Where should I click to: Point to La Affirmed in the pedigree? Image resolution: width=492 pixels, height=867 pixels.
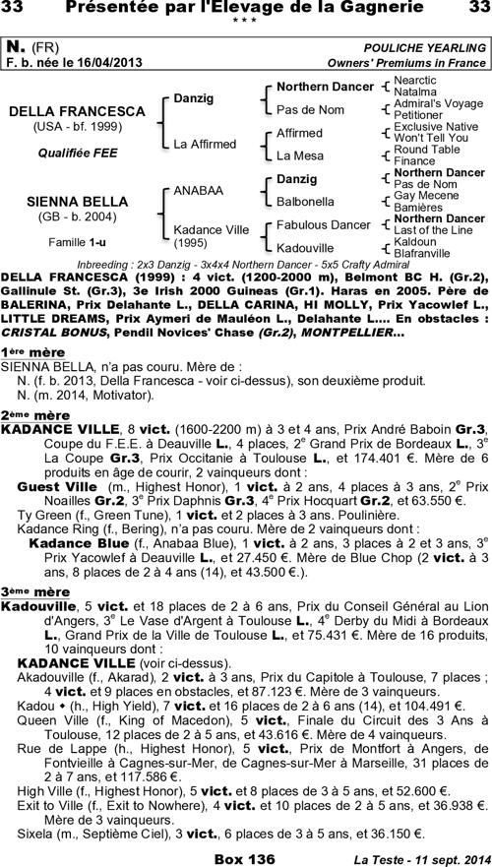[x=205, y=144]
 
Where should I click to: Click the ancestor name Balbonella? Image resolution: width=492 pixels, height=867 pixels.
[x=306, y=202]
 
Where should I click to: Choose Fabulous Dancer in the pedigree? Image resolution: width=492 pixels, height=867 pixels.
[x=324, y=224]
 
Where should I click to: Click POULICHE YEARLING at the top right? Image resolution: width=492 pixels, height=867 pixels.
[x=424, y=47]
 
